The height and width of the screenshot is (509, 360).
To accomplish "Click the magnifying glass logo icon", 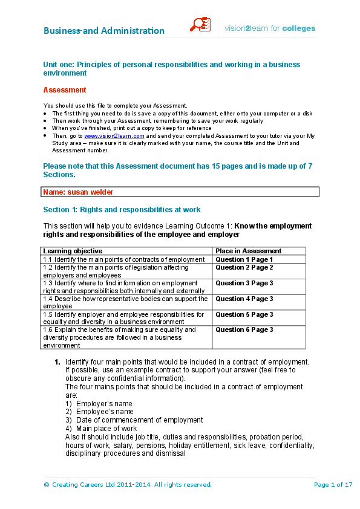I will point(200,25).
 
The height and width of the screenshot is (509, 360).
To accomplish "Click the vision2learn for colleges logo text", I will point(270,28).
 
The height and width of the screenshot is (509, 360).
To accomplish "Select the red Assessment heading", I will point(65,90).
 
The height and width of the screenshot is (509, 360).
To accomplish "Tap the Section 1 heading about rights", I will point(122,210).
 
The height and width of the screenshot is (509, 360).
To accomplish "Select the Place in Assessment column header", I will point(249,251).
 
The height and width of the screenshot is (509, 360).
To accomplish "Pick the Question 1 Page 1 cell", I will point(244,259).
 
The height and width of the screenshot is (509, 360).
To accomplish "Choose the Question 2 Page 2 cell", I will point(244,267).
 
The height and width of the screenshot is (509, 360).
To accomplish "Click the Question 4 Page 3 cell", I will point(244,299).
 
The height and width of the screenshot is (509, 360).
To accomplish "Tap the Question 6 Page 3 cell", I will point(244,330).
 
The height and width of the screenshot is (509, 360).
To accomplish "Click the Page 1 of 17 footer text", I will point(333,484).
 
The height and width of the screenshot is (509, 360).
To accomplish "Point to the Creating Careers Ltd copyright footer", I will point(127,484).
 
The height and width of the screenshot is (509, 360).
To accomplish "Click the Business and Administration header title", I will point(103,31).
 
